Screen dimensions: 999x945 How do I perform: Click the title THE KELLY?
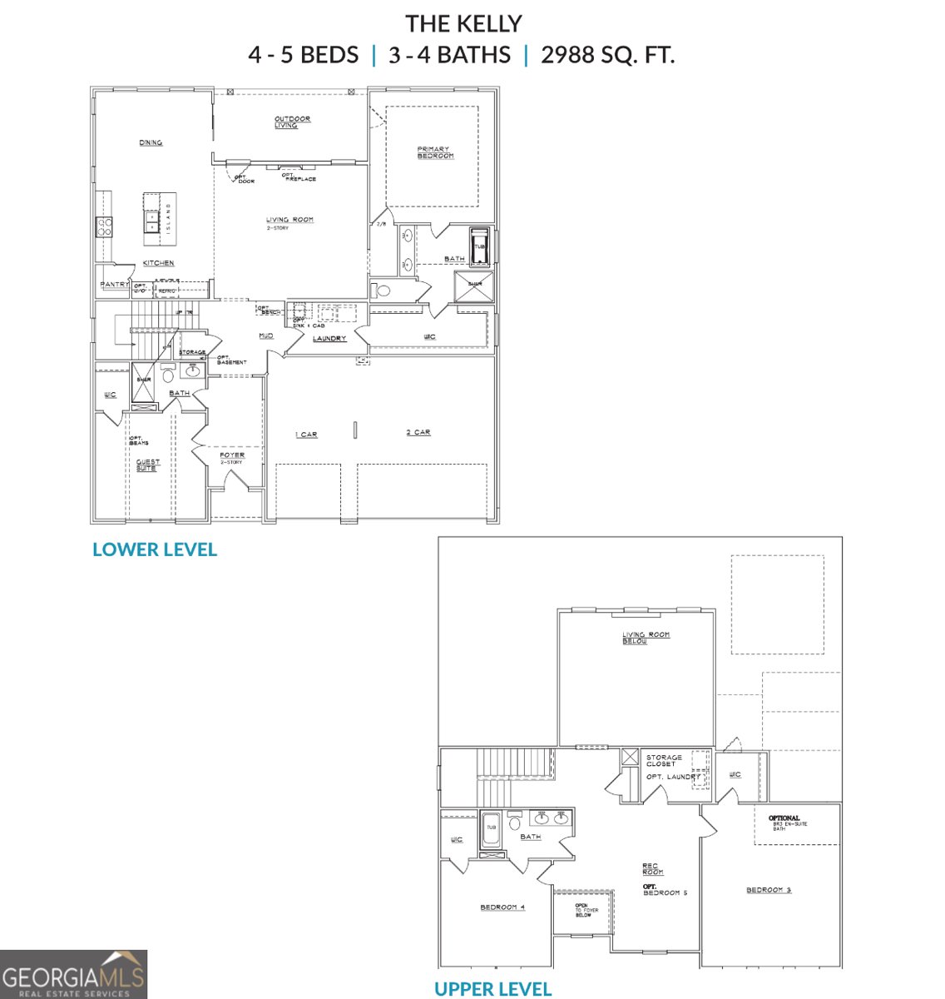click(x=463, y=23)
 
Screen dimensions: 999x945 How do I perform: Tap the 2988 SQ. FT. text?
click(x=607, y=56)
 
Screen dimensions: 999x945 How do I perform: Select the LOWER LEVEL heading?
click(x=155, y=549)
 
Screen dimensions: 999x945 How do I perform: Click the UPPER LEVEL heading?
click(x=492, y=989)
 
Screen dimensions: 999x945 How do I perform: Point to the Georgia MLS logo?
click(x=73, y=974)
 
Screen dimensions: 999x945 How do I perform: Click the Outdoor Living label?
click(x=292, y=122)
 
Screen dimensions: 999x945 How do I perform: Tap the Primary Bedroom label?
click(x=435, y=153)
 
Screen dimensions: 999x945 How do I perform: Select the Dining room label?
click(x=151, y=143)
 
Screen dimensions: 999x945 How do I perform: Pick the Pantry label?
click(x=114, y=285)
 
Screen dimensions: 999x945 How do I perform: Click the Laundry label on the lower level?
click(x=329, y=339)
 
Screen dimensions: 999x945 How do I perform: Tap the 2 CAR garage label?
click(x=418, y=433)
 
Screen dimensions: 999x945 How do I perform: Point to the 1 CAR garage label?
click(x=306, y=435)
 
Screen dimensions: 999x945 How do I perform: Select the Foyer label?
click(x=232, y=455)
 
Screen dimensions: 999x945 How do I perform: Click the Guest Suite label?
click(x=148, y=465)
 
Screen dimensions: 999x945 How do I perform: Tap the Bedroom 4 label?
click(x=502, y=907)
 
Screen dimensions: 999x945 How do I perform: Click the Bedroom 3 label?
click(x=768, y=891)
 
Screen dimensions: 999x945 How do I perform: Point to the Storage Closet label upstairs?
click(x=664, y=761)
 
